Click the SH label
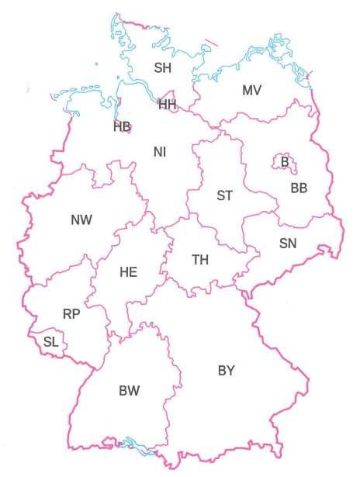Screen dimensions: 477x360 click(x=162, y=68)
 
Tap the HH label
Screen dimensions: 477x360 click(x=168, y=104)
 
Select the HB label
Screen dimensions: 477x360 click(x=122, y=126)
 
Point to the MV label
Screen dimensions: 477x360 click(x=251, y=91)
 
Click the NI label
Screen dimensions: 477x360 click(x=160, y=152)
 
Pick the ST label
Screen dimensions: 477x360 click(x=224, y=195)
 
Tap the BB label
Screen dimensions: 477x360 click(x=299, y=188)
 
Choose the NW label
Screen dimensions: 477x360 click(x=81, y=220)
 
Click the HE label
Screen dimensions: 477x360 click(x=128, y=272)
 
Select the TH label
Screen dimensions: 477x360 click(x=200, y=260)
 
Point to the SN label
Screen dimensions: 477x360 click(x=287, y=244)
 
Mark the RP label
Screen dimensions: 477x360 click(x=71, y=314)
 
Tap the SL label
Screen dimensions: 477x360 click(x=50, y=341)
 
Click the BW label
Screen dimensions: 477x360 click(x=130, y=391)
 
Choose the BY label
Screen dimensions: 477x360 click(x=226, y=371)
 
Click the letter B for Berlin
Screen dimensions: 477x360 click(x=285, y=162)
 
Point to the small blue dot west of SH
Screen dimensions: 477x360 click(x=96, y=64)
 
